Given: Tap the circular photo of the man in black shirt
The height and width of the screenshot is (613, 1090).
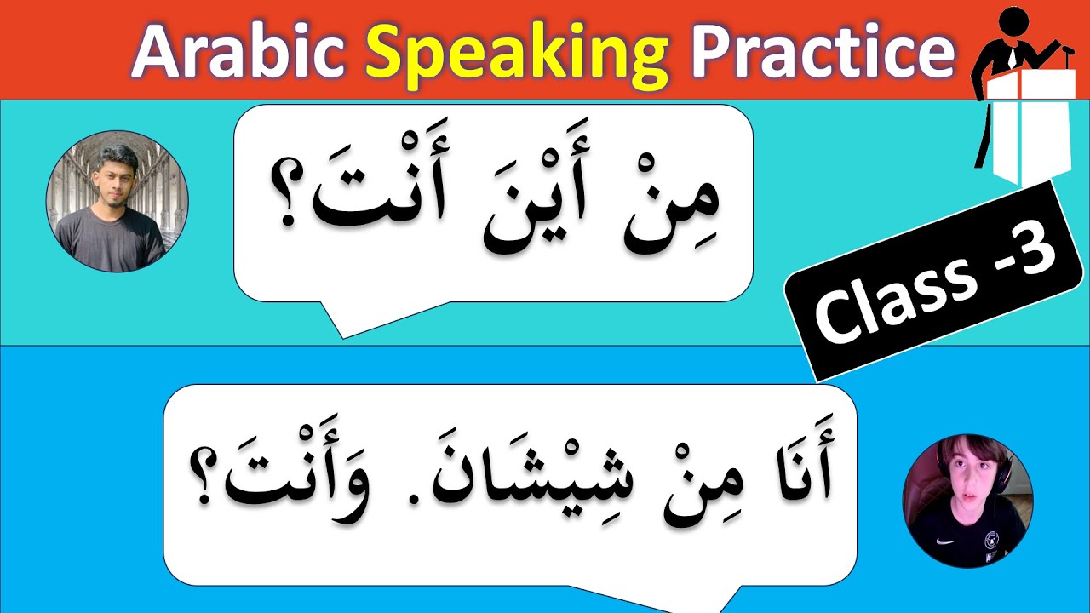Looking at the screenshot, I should [x=117, y=202].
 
